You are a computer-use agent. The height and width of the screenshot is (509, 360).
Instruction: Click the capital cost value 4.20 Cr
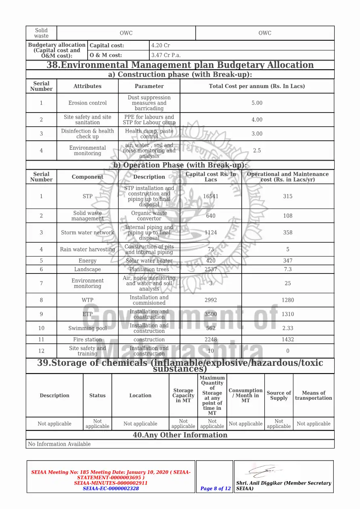(161, 46)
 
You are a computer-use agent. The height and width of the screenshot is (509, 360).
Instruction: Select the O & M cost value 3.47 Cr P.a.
(166, 55)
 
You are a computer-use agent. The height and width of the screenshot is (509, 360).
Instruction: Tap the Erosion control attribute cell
(88, 103)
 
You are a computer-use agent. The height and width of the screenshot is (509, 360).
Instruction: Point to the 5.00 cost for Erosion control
(257, 103)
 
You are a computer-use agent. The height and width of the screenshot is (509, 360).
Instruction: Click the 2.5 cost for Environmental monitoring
(257, 150)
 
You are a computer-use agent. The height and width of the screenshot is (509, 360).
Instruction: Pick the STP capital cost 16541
(211, 196)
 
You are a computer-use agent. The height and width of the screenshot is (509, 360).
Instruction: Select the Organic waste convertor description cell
(149, 216)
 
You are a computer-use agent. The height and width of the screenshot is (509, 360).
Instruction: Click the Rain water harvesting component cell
(88, 249)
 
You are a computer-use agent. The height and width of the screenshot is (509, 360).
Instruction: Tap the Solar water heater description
(149, 261)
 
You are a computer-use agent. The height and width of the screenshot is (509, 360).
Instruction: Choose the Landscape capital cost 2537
(211, 269)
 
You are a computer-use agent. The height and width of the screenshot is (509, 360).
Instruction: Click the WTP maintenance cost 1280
(288, 300)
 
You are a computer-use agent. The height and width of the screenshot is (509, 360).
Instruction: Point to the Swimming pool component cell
(88, 328)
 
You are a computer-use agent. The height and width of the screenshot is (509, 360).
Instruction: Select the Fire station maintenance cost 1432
(288, 340)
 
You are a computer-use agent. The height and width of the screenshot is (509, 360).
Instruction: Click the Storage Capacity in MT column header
(183, 396)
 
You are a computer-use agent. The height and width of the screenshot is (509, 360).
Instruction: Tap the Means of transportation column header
(314, 396)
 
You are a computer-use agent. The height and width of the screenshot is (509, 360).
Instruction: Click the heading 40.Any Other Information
(180, 435)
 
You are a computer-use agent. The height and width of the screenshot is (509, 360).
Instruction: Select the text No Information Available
(59, 444)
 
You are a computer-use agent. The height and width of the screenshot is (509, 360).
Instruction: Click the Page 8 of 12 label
(216, 488)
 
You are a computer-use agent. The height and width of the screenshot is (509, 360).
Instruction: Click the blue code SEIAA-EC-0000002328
(111, 488)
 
